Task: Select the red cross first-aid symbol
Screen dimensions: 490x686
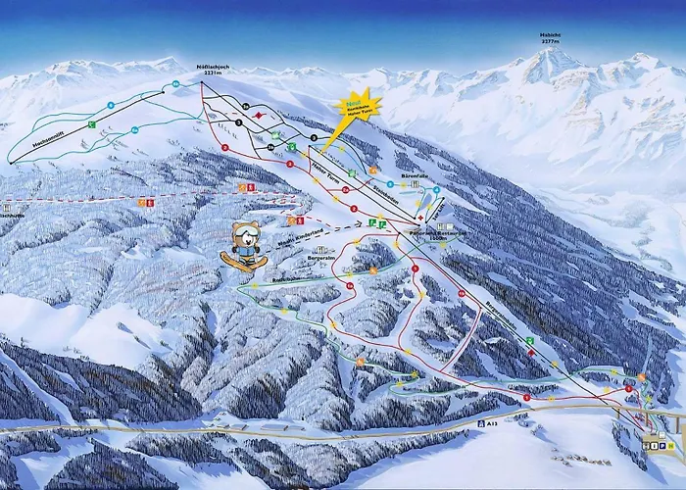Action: coord(418,217)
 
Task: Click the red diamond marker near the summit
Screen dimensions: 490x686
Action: coord(258,115)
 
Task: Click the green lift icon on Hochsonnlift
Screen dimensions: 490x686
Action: coord(90,125)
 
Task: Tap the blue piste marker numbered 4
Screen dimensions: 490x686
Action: coord(111,105)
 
